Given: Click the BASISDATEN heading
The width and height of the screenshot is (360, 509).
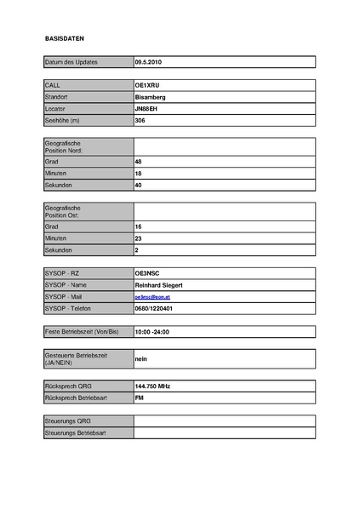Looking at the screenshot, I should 65,39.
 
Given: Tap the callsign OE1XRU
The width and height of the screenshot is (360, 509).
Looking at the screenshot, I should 148,86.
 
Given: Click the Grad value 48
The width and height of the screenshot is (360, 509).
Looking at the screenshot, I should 139,161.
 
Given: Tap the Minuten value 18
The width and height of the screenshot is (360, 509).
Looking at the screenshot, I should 139,173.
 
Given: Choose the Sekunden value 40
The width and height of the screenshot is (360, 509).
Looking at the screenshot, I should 139,185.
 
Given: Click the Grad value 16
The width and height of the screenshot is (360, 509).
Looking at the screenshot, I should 139,227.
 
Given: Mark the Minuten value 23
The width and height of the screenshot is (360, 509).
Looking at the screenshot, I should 139,239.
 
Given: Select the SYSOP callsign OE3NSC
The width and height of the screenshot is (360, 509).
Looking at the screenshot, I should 148,272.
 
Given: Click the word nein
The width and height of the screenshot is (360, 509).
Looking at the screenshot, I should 141,359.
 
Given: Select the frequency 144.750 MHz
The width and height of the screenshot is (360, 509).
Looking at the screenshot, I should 153,386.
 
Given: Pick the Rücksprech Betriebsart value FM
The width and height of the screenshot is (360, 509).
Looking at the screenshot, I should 139,397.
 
